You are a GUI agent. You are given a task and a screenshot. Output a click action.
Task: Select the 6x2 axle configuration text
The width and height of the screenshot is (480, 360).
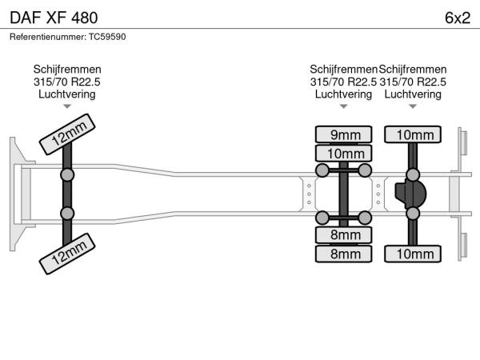click(x=457, y=17)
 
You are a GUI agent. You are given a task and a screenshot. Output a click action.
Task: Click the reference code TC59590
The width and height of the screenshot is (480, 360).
click(x=106, y=37)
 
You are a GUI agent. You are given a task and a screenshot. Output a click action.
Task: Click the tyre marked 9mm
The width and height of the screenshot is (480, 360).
click(x=344, y=134)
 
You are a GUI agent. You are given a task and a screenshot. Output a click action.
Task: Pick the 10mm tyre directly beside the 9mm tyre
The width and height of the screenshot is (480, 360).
click(x=344, y=153)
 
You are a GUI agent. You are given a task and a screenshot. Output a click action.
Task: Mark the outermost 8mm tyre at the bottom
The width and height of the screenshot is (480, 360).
click(x=344, y=254)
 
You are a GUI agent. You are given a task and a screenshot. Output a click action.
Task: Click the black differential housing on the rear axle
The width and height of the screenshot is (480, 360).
click(x=410, y=194)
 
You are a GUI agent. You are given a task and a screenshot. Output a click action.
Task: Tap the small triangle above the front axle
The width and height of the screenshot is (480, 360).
click(x=67, y=106)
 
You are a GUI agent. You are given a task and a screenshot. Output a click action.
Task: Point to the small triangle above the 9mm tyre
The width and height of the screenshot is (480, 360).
click(x=343, y=106)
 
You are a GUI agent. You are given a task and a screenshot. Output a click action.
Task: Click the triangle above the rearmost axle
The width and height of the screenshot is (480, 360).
click(x=412, y=106)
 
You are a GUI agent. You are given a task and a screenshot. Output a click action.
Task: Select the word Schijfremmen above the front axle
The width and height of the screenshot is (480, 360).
click(x=67, y=70)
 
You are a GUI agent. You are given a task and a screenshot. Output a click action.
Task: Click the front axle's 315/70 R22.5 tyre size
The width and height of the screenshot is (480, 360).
click(x=67, y=82)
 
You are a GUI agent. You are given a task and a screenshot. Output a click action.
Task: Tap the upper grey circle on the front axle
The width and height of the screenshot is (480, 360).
click(x=67, y=174)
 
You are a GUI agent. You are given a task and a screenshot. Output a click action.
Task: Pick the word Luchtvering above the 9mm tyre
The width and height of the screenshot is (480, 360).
click(x=343, y=94)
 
